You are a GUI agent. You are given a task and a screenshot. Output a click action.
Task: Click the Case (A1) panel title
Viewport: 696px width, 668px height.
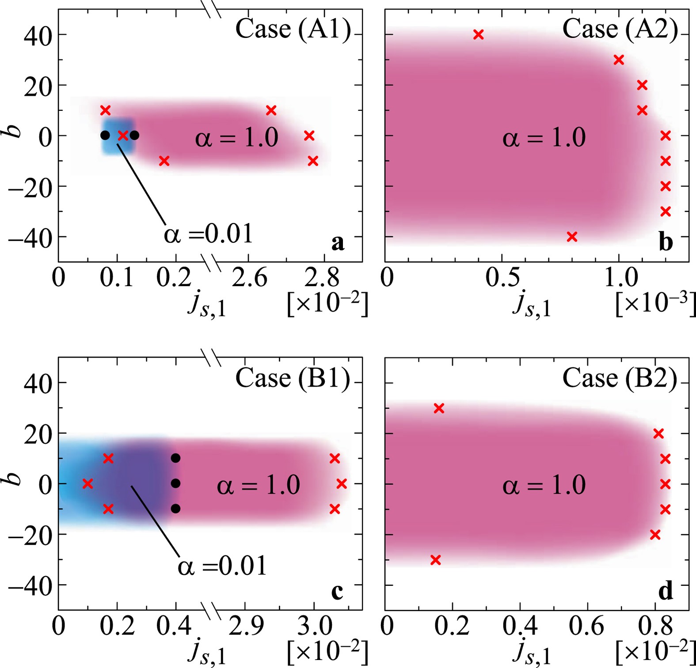[293, 29]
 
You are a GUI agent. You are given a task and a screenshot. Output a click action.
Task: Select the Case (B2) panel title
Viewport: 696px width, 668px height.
[620, 378]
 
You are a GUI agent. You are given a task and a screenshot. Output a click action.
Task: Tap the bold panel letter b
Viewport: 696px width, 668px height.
[666, 242]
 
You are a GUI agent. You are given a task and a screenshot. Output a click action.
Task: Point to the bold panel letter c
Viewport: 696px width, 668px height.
[337, 592]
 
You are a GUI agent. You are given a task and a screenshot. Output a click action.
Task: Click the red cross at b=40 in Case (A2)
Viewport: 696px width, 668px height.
[478, 34]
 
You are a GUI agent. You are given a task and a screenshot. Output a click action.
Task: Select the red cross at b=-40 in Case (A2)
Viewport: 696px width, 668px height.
[572, 237]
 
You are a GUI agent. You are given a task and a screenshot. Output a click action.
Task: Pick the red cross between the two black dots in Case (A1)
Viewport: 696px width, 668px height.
[123, 136]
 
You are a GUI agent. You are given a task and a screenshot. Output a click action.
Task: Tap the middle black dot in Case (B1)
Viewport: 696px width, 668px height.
[175, 483]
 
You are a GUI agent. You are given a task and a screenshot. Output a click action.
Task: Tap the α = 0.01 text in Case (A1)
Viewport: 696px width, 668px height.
[209, 234]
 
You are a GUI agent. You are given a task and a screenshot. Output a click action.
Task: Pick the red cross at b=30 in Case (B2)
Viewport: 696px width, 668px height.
[439, 408]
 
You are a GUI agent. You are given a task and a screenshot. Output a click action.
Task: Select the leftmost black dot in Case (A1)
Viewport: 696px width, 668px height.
[105, 136]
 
